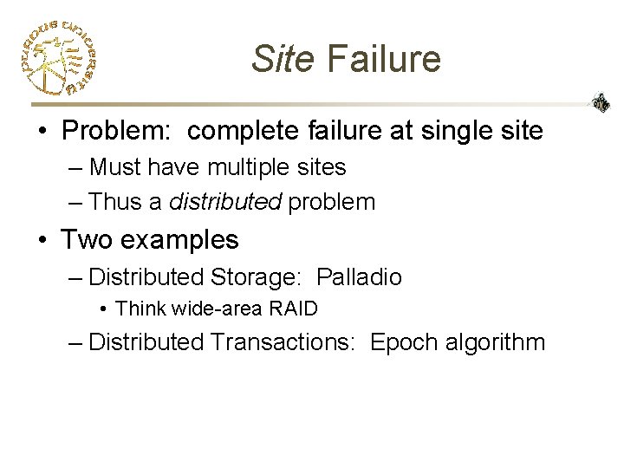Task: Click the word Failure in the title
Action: (x=385, y=59)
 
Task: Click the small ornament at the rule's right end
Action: (x=600, y=103)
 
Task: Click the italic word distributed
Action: (x=225, y=202)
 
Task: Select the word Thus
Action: (x=114, y=202)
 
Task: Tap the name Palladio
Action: (x=359, y=277)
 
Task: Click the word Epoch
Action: (x=403, y=343)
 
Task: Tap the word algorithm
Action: (x=494, y=343)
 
